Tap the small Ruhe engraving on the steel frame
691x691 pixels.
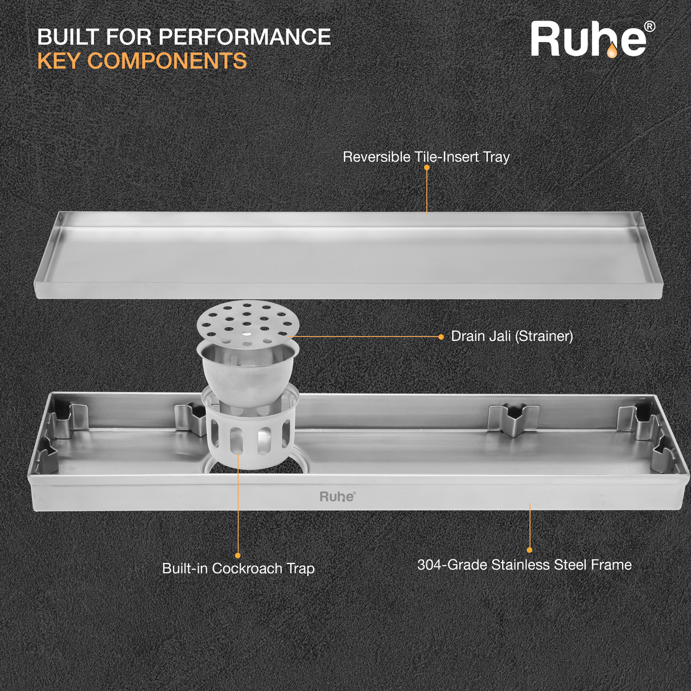(x=337, y=496)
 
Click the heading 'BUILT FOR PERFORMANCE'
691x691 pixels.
(x=184, y=37)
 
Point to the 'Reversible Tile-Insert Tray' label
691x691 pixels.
(x=426, y=157)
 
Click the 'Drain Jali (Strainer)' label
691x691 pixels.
(x=512, y=336)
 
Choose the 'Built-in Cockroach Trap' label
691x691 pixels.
(x=238, y=569)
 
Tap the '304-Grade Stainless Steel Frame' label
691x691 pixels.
(x=524, y=565)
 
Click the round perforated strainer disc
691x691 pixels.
(x=248, y=321)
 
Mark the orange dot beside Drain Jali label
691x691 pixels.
(x=441, y=337)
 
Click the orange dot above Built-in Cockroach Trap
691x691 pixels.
(x=238, y=556)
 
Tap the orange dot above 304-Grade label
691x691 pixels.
(x=529, y=550)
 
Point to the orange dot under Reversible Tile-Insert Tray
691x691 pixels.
(x=426, y=168)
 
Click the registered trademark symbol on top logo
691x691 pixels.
(x=649, y=27)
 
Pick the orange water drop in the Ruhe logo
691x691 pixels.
(x=612, y=51)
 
